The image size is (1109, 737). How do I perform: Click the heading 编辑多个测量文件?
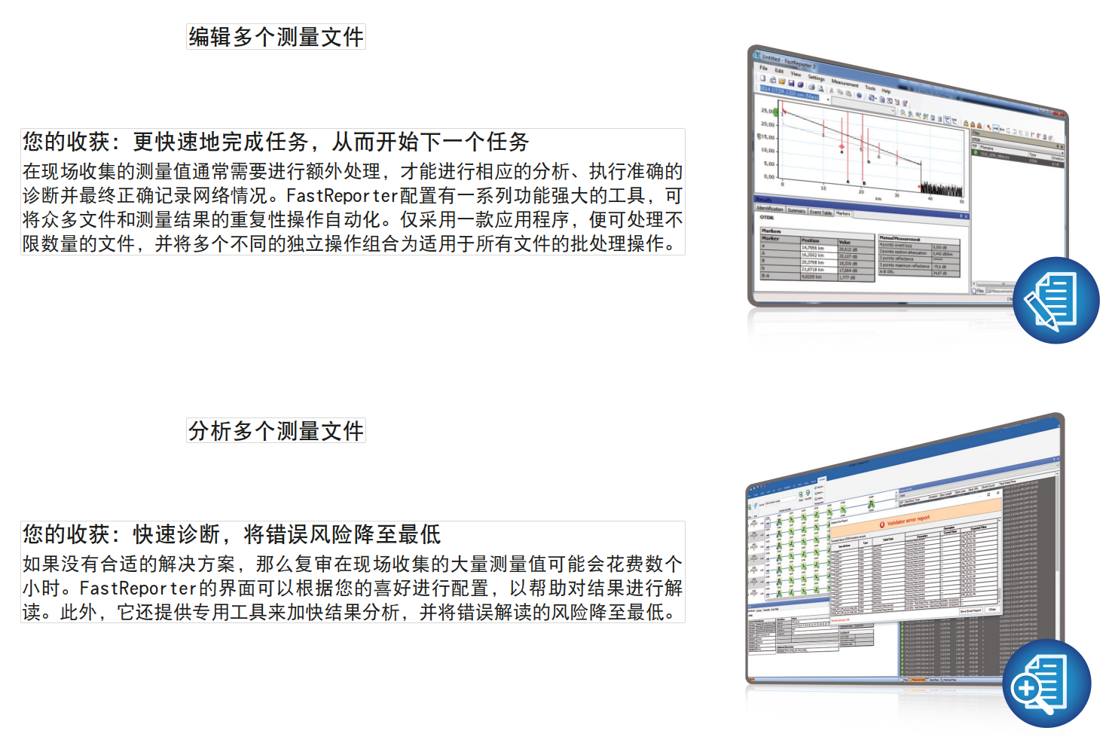pos(276,36)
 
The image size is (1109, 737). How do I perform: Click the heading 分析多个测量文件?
pos(276,430)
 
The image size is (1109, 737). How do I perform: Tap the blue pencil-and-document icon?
pos(1056,301)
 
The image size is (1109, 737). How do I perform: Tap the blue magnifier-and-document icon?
pos(1046,683)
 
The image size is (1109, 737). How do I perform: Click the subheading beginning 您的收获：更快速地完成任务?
pos(276,142)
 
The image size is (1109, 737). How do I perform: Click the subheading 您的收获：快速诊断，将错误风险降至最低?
pos(231,534)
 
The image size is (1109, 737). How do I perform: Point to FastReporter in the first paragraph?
pos(342,196)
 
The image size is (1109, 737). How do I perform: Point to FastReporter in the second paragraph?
pos(139,588)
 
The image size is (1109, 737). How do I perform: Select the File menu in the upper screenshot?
pos(763,68)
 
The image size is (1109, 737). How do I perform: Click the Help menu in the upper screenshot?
pos(886,91)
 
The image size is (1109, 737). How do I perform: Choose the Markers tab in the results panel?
pos(843,213)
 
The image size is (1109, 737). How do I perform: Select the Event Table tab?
pos(820,212)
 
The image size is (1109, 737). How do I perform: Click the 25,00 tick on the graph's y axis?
pos(767,111)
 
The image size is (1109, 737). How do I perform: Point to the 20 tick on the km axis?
pos(861,191)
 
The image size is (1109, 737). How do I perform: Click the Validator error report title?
pos(909,521)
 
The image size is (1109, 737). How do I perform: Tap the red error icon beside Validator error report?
pos(882,524)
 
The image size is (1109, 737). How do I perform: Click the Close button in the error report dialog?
pos(992,609)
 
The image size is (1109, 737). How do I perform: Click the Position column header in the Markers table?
pos(811,240)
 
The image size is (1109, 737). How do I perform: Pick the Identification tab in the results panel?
pos(770,209)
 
